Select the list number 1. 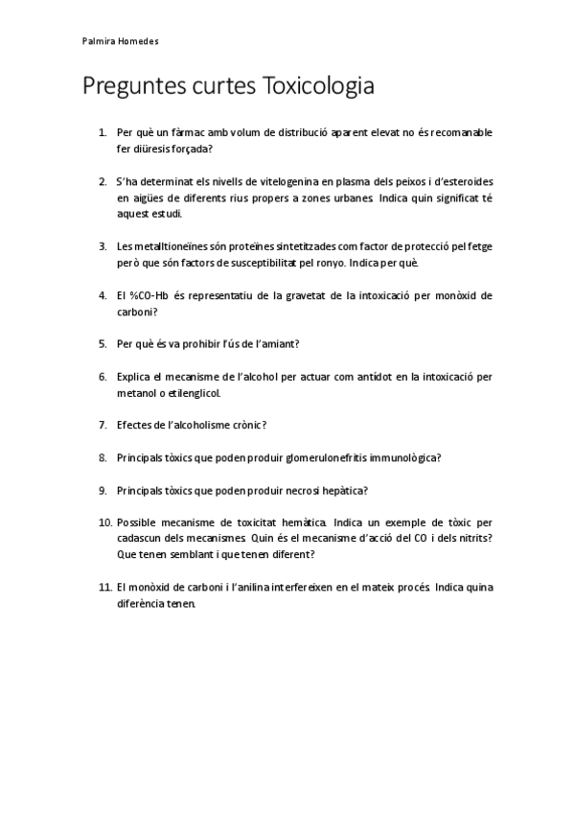103,132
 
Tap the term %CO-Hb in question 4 149,295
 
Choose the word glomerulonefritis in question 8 312,457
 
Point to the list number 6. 103,377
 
